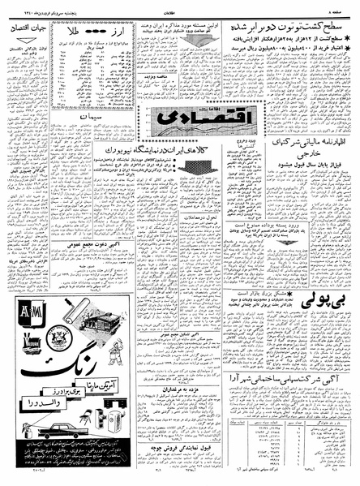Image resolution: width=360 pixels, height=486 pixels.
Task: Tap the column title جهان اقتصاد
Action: [x=28, y=28]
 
